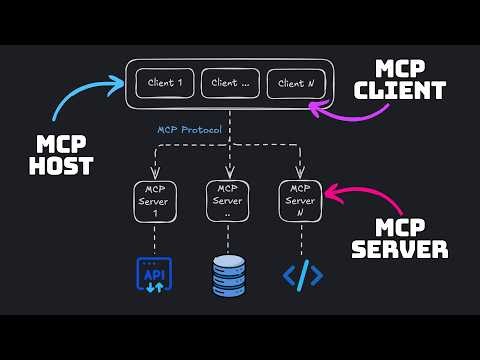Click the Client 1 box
[x=164, y=84]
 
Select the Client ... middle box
[x=231, y=84]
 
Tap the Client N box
[x=297, y=84]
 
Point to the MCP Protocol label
[x=189, y=130]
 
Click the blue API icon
[x=154, y=275]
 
